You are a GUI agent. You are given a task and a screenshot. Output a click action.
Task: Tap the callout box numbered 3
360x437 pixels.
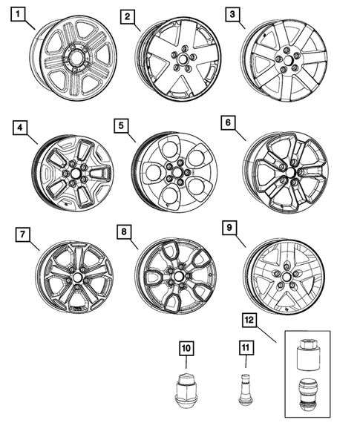[232, 13]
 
